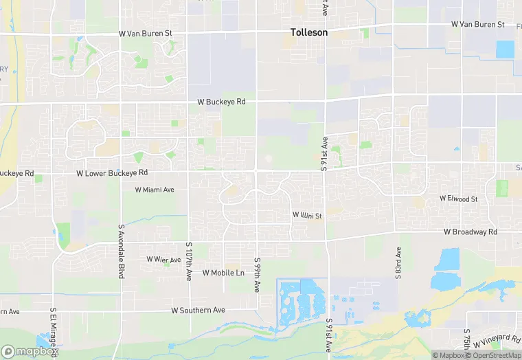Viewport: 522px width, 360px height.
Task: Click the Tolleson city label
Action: pyautogui.click(x=308, y=32)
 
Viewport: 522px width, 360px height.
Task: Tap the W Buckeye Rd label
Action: pyautogui.click(x=221, y=102)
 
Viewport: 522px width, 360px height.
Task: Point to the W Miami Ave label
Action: pyautogui.click(x=155, y=190)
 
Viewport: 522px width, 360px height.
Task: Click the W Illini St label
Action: pyautogui.click(x=307, y=216)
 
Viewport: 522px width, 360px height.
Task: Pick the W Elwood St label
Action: pyautogui.click(x=458, y=199)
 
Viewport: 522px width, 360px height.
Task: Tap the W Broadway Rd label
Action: pyautogui.click(x=470, y=232)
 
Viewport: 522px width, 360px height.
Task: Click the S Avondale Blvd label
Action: pyautogui.click(x=121, y=251)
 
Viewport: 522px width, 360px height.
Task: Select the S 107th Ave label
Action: pyautogui.click(x=189, y=261)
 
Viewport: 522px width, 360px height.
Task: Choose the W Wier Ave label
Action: pyautogui.click(x=163, y=259)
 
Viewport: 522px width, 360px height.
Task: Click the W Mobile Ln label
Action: pyautogui.click(x=223, y=273)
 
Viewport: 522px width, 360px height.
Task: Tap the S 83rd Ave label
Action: pyautogui.click(x=397, y=264)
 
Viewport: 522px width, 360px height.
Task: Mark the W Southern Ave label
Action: pyautogui.click(x=198, y=311)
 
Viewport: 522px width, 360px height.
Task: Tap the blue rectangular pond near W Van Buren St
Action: pyautogui.click(x=505, y=49)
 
